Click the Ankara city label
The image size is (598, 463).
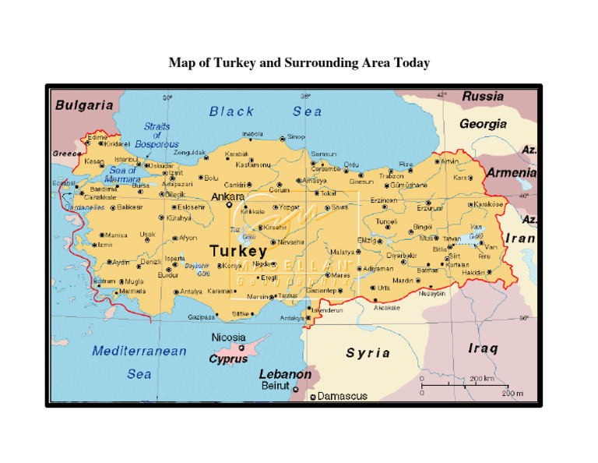(x=228, y=197)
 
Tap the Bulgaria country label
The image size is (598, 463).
(x=83, y=104)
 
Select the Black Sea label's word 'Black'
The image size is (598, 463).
(x=231, y=111)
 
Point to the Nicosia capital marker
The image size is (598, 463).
(x=241, y=348)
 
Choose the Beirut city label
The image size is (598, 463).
(x=274, y=386)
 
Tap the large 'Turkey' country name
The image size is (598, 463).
(x=238, y=252)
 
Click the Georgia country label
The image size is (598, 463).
(x=483, y=124)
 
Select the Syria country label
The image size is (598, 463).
(x=368, y=353)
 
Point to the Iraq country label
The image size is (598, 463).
(x=483, y=348)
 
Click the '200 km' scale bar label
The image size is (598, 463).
(x=482, y=379)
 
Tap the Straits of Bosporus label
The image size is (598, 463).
(x=157, y=136)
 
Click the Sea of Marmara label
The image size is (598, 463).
(x=122, y=175)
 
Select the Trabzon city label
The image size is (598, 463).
(x=392, y=176)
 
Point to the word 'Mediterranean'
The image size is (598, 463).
(x=139, y=351)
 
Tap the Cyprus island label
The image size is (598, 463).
(x=228, y=359)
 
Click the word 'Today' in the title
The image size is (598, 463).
(x=411, y=62)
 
